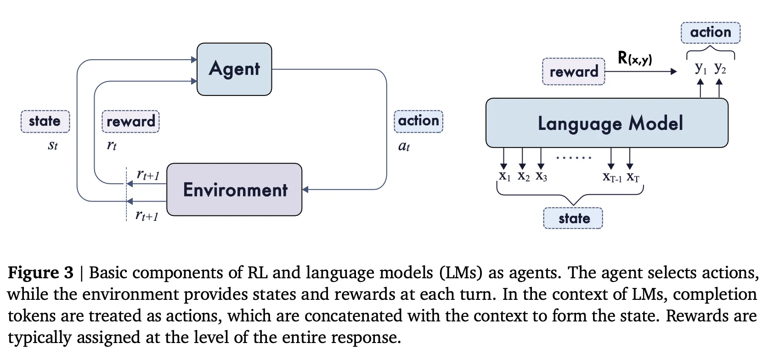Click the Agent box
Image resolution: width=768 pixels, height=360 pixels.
tap(234, 69)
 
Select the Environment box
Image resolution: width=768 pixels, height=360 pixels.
tap(234, 190)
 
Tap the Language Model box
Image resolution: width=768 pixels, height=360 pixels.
tap(607, 123)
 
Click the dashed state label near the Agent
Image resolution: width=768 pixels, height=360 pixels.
tap(45, 121)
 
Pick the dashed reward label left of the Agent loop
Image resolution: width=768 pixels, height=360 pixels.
tap(130, 122)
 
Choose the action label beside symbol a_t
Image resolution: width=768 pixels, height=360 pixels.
tap(418, 121)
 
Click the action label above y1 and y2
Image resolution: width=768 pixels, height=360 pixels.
tap(710, 33)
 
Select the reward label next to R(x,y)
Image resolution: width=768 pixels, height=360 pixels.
tap(573, 72)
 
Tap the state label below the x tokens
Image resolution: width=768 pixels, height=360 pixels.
tap(573, 218)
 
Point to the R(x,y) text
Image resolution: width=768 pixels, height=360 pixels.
tap(635, 58)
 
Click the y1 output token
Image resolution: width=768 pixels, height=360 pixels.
tap(700, 68)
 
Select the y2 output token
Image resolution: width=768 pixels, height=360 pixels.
tap(720, 68)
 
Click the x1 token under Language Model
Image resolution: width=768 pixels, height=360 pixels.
tap(504, 176)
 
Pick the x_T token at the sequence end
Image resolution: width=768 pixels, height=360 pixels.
tap(632, 177)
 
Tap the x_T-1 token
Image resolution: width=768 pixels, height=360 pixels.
tap(612, 177)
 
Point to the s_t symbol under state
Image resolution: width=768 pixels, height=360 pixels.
tap(53, 146)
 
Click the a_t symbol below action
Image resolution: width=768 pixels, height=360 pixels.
tap(404, 146)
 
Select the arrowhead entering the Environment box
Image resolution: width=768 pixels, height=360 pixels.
tap(305, 190)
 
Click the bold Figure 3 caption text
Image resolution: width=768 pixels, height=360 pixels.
tap(40, 273)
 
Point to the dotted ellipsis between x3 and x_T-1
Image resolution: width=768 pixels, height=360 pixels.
tap(574, 158)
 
